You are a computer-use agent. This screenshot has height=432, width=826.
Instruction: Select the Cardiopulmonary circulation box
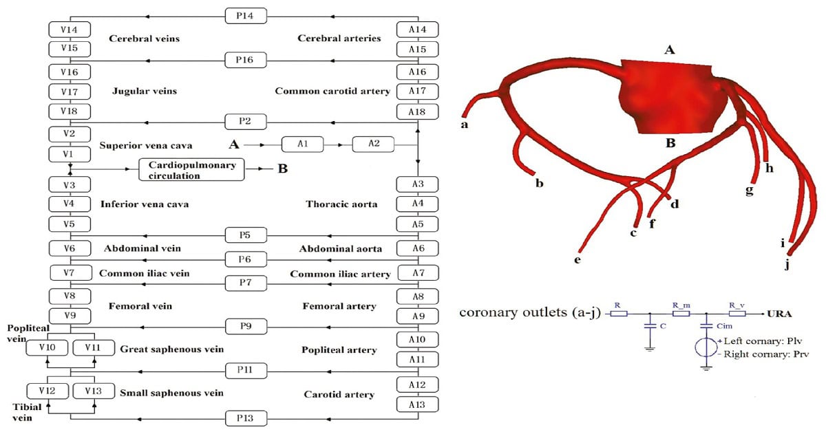click(x=192, y=170)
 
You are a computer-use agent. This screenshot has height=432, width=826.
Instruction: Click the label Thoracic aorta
click(x=337, y=204)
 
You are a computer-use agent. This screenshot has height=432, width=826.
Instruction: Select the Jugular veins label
click(x=144, y=91)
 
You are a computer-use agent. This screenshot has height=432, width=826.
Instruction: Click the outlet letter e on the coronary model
click(x=578, y=260)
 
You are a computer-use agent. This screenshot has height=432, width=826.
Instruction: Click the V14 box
click(x=69, y=29)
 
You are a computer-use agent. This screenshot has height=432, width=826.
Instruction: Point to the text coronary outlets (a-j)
click(x=529, y=314)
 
